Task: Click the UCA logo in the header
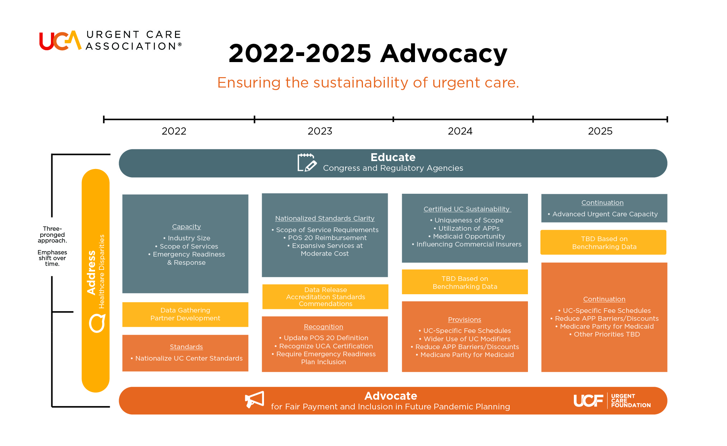[110, 40]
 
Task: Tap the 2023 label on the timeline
[320, 131]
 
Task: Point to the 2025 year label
[600, 131]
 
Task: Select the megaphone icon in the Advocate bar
[254, 399]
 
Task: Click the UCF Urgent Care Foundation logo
[612, 401]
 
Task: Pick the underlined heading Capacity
[187, 227]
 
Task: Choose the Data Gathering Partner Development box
[185, 314]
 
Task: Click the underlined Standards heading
[186, 347]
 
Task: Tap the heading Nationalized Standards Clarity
[325, 219]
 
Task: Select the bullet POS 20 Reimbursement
[325, 238]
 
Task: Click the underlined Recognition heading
[324, 327]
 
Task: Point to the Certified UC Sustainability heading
[467, 209]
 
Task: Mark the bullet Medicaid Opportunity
[467, 236]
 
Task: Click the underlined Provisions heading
[464, 320]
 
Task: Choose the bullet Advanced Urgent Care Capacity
[603, 214]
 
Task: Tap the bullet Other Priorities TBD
[604, 334]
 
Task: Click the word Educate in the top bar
[393, 157]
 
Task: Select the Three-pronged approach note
[52, 246]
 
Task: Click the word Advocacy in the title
[444, 54]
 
